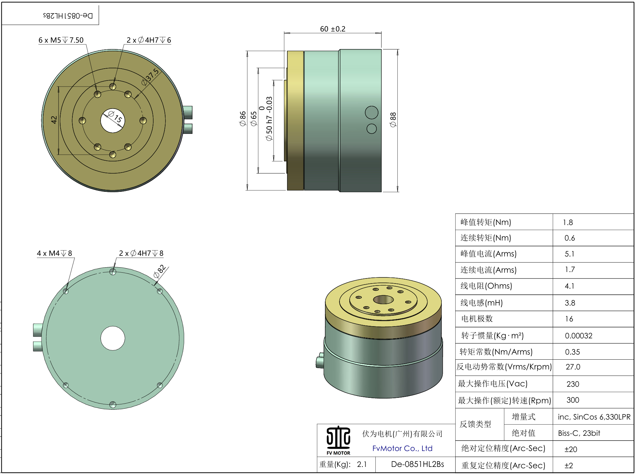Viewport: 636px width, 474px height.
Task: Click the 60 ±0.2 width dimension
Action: pos(332,29)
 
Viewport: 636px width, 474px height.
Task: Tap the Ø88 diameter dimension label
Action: pos(393,120)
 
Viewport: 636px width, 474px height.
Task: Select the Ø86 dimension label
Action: pos(243,119)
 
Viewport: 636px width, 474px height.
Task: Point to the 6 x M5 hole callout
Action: pos(61,40)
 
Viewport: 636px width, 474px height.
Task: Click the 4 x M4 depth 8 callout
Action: pos(54,253)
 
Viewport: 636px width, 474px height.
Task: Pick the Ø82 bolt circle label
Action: pos(160,271)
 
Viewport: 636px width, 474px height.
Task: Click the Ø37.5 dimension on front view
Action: pos(150,77)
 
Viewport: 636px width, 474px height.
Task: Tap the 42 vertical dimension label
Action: pos(54,120)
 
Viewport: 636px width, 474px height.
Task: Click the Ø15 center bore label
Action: pos(115,116)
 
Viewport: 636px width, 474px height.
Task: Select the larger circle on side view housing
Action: pos(371,113)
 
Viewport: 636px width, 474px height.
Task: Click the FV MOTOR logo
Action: pos(338,440)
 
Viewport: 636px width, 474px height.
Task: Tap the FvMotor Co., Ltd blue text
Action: pos(402,448)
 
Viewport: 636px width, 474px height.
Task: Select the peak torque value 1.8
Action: pos(568,222)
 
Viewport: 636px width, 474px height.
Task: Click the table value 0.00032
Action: pos(578,336)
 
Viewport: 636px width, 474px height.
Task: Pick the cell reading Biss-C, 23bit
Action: pos(579,433)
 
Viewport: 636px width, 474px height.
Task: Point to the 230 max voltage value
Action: pos(573,384)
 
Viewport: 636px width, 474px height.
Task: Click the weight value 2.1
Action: pos(361,464)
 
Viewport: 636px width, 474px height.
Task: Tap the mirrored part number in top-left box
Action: pos(68,16)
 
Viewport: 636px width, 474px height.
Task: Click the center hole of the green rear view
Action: pos(113,338)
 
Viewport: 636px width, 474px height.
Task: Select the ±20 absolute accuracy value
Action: pos(571,449)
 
